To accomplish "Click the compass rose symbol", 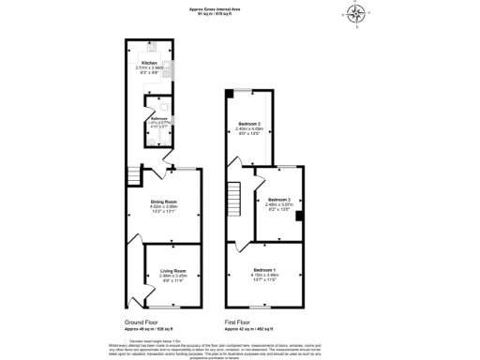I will [355, 13].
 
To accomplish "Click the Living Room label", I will [170, 269].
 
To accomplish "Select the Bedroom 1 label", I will [264, 269].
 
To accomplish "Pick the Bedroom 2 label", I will [248, 123].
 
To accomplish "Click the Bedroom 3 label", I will [278, 200].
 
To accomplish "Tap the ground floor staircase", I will [134, 177].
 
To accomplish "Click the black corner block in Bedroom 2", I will [232, 92].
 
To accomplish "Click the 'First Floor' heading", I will [239, 322].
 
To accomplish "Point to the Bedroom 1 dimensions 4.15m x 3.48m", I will [264, 275].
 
